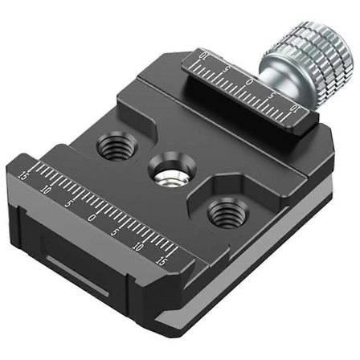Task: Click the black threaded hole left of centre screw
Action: [109, 145]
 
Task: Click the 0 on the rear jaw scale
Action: [250, 82]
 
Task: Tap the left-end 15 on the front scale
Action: [22, 174]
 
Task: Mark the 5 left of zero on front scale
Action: [68, 204]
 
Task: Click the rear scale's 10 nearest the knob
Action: [295, 107]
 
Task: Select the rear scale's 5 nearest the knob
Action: [274, 95]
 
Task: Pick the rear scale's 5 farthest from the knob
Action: [227, 69]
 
